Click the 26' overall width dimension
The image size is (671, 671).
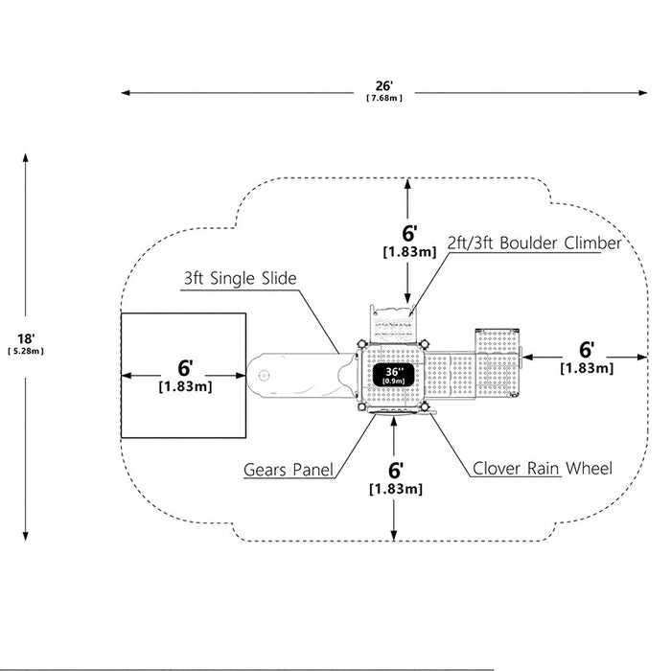click(x=384, y=86)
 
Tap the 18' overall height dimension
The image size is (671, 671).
click(x=26, y=339)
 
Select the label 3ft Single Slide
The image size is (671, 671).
click(x=240, y=278)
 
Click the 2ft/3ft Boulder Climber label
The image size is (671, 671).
click(x=534, y=243)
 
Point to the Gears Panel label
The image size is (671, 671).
click(x=288, y=470)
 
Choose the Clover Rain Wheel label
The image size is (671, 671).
click(x=543, y=468)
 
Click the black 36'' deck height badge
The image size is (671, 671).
click(x=393, y=376)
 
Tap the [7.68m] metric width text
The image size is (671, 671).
click(x=384, y=98)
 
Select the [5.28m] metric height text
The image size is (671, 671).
click(x=26, y=352)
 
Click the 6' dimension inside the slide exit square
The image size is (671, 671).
click(x=185, y=368)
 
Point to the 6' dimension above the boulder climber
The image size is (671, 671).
click(x=409, y=233)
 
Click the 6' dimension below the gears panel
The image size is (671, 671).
click(x=396, y=471)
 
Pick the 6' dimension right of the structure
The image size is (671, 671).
click(x=587, y=350)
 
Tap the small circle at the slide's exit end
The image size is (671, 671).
click(x=264, y=376)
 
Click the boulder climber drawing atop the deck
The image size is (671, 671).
click(x=393, y=324)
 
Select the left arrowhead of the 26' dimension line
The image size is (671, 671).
click(x=126, y=92)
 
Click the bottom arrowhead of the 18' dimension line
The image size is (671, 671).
click(x=26, y=536)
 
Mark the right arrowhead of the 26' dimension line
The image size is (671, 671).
click(x=643, y=92)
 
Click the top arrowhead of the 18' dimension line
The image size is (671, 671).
click(x=26, y=157)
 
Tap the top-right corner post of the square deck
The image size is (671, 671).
click(x=424, y=344)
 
